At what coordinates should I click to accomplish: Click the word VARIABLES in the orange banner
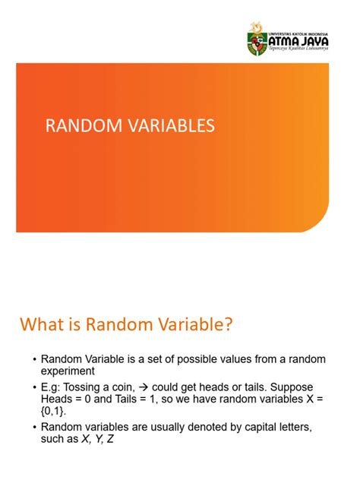(172, 126)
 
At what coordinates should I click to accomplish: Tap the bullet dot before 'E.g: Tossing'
(33, 387)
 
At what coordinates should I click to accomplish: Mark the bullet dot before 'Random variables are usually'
(33, 427)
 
